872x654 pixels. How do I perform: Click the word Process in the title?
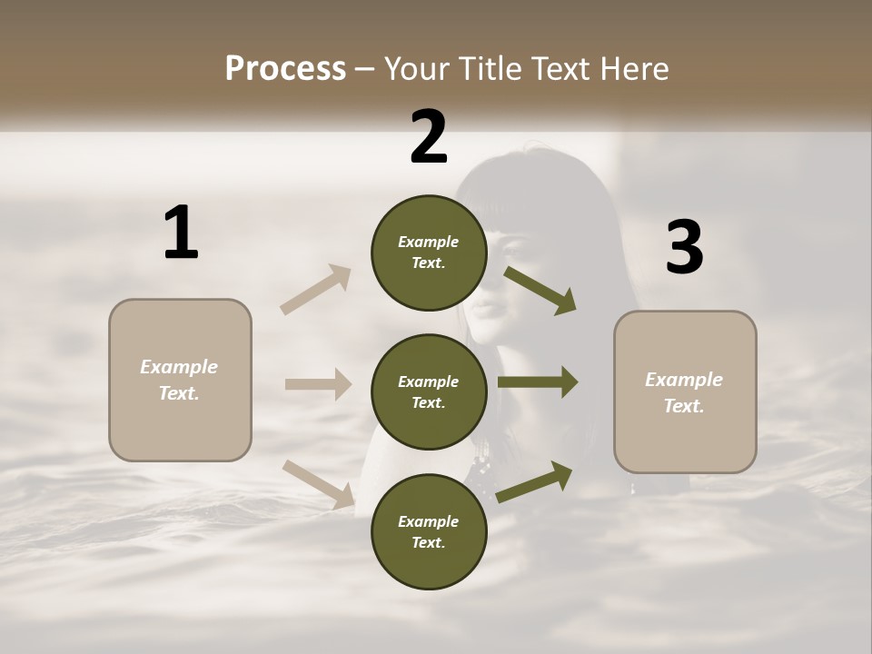pyautogui.click(x=285, y=69)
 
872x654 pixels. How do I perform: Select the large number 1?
pyautogui.click(x=181, y=233)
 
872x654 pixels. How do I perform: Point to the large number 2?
pyautogui.click(x=429, y=138)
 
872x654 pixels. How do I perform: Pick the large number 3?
pyautogui.click(x=684, y=248)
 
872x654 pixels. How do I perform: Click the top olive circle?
pyautogui.click(x=429, y=253)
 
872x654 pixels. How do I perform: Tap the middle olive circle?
pyautogui.click(x=429, y=391)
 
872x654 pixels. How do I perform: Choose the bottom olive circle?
pyautogui.click(x=429, y=531)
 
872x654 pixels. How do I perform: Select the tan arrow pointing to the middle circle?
pyautogui.click(x=318, y=384)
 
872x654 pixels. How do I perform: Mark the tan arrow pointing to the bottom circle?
pyautogui.click(x=318, y=483)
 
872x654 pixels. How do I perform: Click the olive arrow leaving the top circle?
pyautogui.click(x=540, y=290)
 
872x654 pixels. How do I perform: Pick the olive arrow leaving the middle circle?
pyautogui.click(x=538, y=382)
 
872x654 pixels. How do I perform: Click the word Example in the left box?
pyautogui.click(x=179, y=367)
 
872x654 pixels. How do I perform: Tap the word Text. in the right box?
pyautogui.click(x=684, y=406)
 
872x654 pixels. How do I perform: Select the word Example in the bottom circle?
pyautogui.click(x=429, y=521)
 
